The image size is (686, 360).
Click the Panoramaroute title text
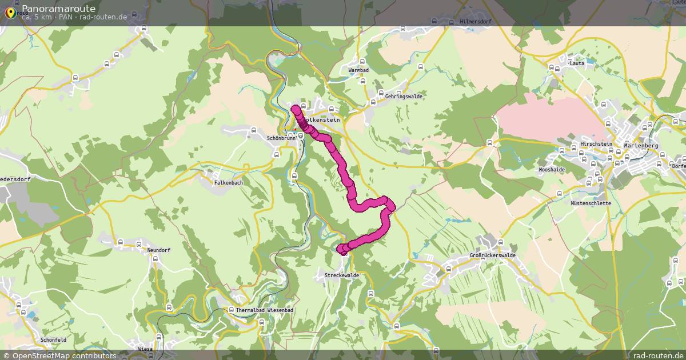point(58,8)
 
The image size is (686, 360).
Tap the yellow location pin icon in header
point(10,12)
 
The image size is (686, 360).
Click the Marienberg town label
point(642,146)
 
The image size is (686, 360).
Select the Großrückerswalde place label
point(492,255)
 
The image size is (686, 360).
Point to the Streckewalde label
point(342,275)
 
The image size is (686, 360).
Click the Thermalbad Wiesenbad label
point(264,310)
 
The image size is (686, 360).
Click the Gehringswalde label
point(404,97)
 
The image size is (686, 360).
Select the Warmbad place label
point(360,70)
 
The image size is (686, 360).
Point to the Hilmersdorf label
point(476,22)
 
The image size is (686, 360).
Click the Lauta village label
point(577,63)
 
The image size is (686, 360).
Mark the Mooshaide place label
point(552,170)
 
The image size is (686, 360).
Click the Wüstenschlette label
point(591,203)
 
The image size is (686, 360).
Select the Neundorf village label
point(158,250)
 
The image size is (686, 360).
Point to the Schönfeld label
point(54,339)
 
